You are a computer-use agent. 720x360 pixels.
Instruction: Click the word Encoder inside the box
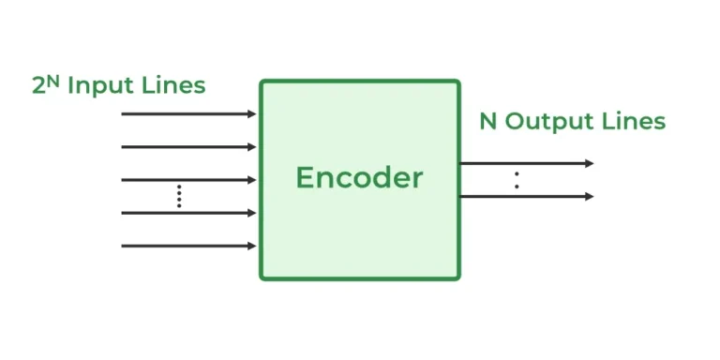coord(359,177)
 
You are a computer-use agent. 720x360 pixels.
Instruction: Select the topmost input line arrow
coord(187,114)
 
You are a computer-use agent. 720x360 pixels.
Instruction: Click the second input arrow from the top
coord(187,147)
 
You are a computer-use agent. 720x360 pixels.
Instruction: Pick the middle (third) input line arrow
coord(187,180)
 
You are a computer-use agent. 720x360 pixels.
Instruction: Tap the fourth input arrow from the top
coord(187,213)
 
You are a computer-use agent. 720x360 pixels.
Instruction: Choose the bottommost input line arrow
coord(187,246)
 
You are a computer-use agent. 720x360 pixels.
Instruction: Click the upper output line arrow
coord(525,163)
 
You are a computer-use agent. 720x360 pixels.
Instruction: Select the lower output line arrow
coord(525,196)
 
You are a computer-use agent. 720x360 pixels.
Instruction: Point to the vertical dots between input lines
coord(179,197)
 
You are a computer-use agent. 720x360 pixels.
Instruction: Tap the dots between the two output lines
coord(517,180)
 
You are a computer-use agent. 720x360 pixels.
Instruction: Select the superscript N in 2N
coord(53,81)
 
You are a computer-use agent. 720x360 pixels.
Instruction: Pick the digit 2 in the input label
coord(38,86)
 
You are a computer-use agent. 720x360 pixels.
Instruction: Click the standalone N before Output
coord(487,122)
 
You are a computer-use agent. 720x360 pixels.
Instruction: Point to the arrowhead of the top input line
coord(251,114)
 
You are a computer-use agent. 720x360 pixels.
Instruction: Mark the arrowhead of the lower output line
coord(589,196)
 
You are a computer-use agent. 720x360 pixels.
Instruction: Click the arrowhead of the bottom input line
coord(251,246)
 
